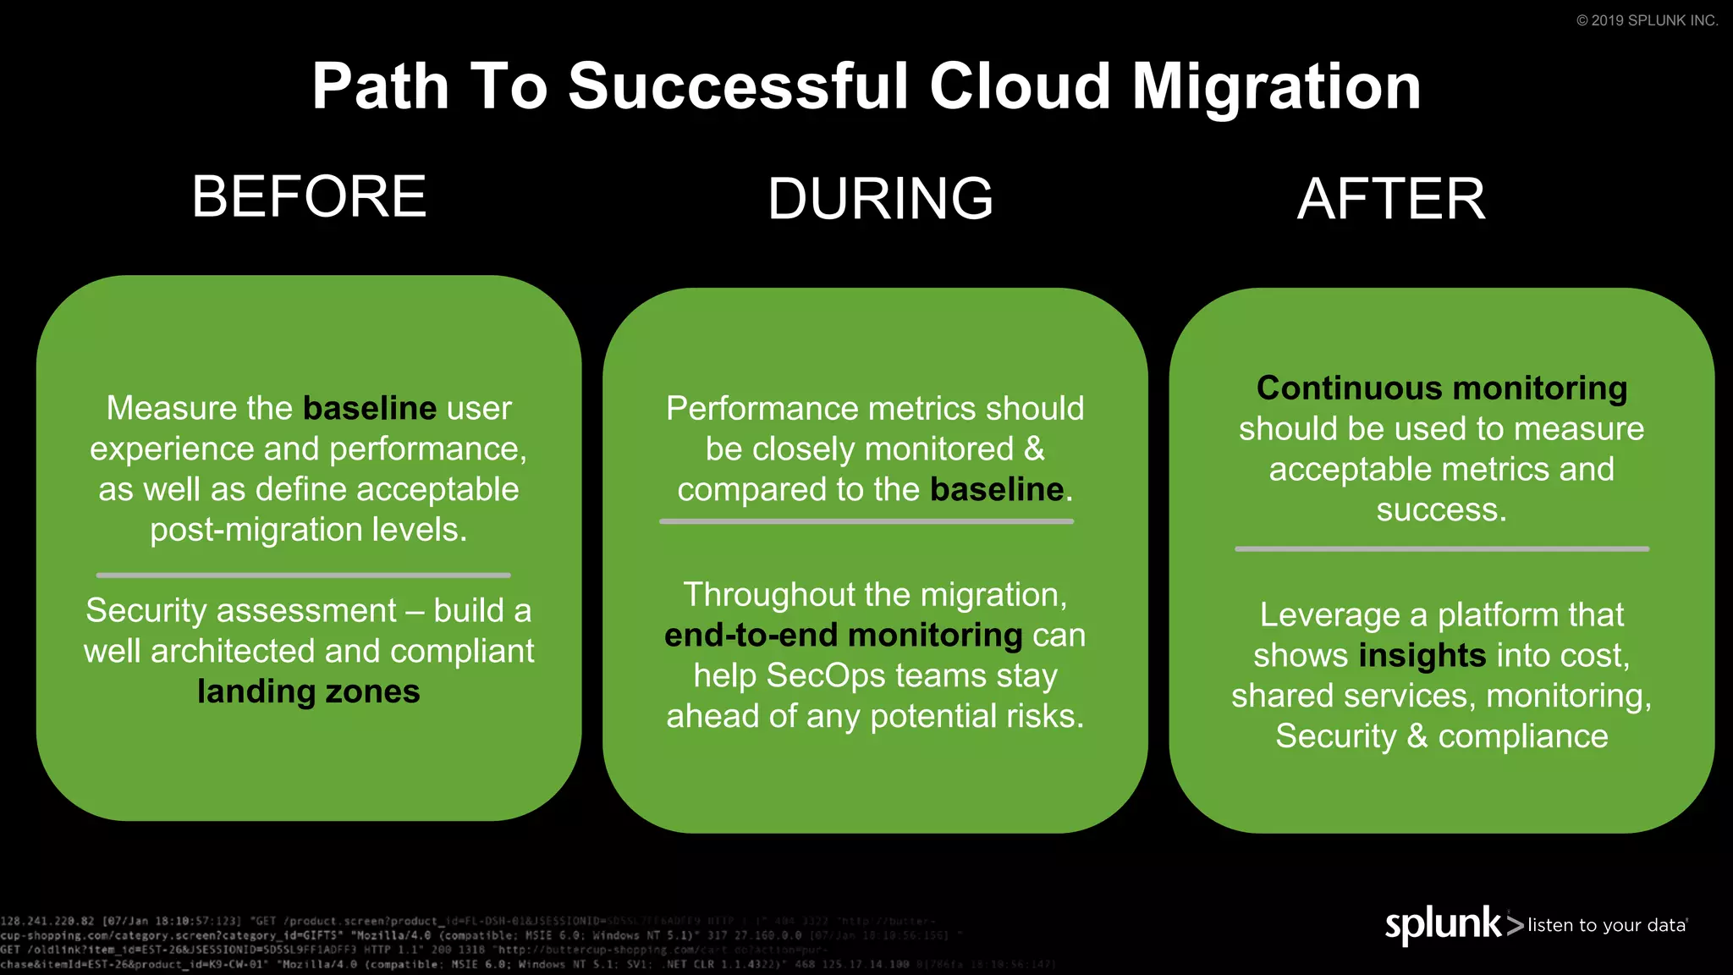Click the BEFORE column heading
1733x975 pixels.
(x=309, y=196)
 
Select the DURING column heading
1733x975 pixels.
(x=880, y=199)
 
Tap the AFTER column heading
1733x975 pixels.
(x=1391, y=199)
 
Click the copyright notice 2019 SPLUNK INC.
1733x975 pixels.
(x=1647, y=20)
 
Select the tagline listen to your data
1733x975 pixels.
(x=1606, y=925)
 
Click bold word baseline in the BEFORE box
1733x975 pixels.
(x=370, y=408)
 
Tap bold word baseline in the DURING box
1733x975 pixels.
(x=997, y=489)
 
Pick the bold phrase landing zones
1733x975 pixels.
(x=309, y=691)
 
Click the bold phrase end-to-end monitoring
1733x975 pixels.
(x=843, y=635)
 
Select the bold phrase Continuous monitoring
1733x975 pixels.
(x=1442, y=388)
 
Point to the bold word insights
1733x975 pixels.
(x=1422, y=655)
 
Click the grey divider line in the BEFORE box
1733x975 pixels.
(x=303, y=575)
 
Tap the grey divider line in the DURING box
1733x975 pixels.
(x=866, y=521)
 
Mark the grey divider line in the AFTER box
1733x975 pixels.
(x=1442, y=548)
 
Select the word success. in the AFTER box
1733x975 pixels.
(x=1442, y=510)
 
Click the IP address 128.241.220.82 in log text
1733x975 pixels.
(x=47, y=921)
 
